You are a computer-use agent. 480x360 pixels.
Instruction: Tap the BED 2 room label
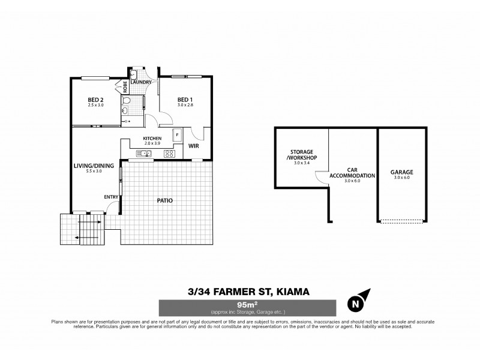pyautogui.click(x=95, y=100)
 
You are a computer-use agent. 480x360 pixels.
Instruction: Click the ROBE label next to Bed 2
pyautogui.click(x=125, y=86)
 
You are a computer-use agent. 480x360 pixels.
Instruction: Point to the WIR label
pyautogui.click(x=193, y=145)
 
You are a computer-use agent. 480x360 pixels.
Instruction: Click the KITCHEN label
pyautogui.click(x=152, y=139)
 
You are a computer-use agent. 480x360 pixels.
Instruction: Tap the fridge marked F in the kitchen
pyautogui.click(x=177, y=136)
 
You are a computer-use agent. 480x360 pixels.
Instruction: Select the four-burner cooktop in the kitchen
pyautogui.click(x=169, y=154)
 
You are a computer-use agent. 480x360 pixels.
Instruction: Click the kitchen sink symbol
pyautogui.click(x=144, y=154)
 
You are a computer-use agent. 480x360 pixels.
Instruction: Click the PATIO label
pyautogui.click(x=165, y=200)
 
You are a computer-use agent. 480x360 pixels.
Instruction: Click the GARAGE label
pyautogui.click(x=403, y=172)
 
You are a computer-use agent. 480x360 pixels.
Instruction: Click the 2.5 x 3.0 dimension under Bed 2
pyautogui.click(x=95, y=106)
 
